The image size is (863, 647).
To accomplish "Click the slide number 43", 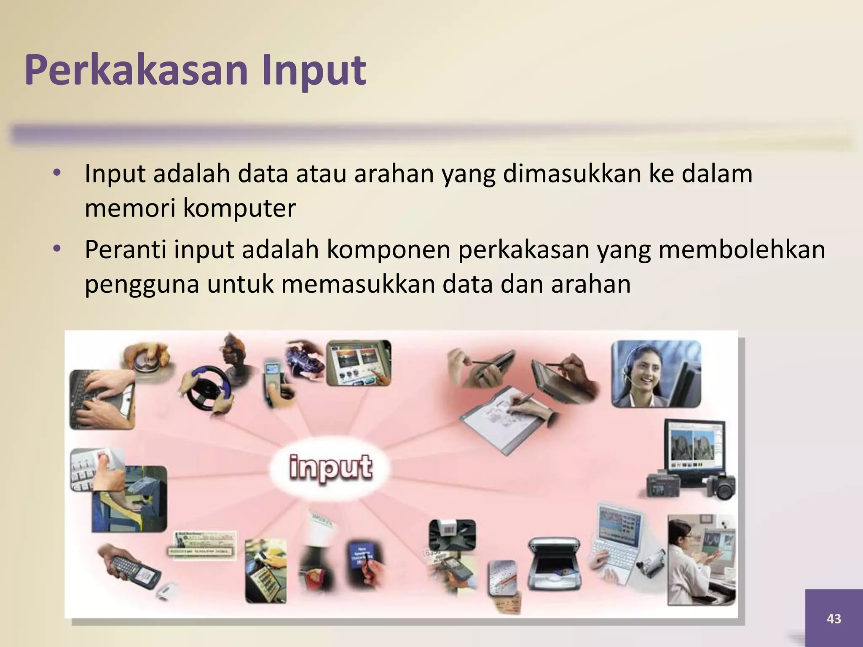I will (x=834, y=618).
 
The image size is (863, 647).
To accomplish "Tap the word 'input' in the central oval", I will (x=331, y=467).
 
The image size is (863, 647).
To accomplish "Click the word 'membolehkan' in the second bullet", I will (x=741, y=249).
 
